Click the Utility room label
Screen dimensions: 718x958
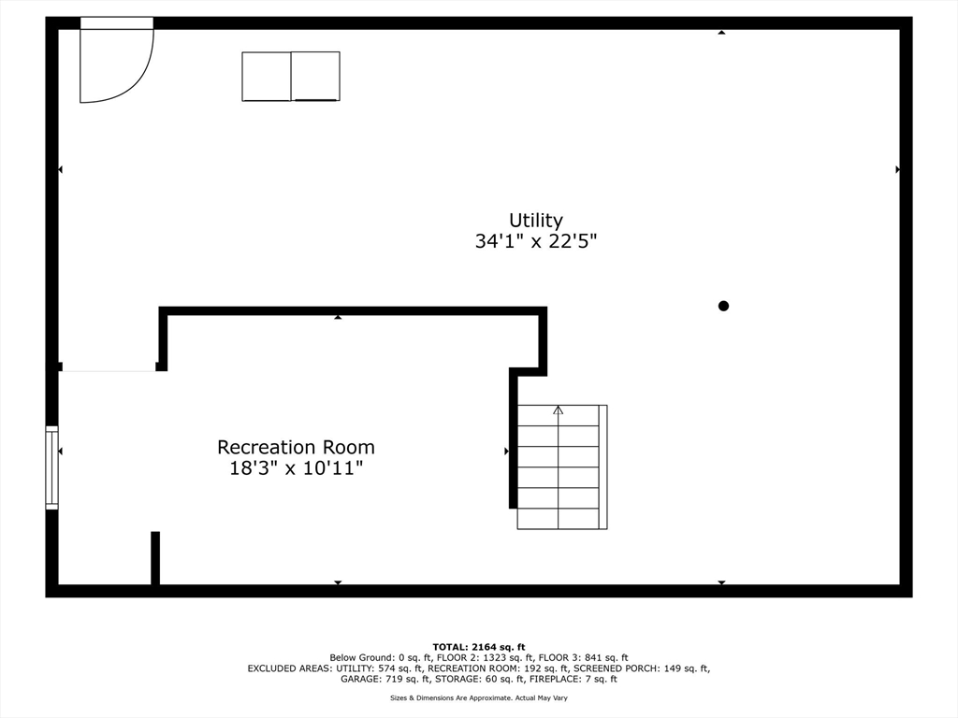(x=536, y=221)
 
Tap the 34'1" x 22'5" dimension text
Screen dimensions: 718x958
(x=536, y=241)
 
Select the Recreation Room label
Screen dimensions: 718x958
(x=296, y=448)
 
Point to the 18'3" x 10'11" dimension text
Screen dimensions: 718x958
(x=296, y=468)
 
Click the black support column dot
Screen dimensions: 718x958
(x=723, y=306)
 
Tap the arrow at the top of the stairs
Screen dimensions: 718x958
(x=559, y=410)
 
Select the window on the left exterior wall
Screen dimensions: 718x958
(x=52, y=467)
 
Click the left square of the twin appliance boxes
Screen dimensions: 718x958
(x=267, y=76)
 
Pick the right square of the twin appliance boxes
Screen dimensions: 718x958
(x=315, y=76)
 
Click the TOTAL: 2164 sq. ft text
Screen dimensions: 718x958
(x=479, y=647)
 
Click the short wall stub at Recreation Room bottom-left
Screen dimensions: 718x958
(x=155, y=558)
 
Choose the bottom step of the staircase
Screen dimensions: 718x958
(x=559, y=519)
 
